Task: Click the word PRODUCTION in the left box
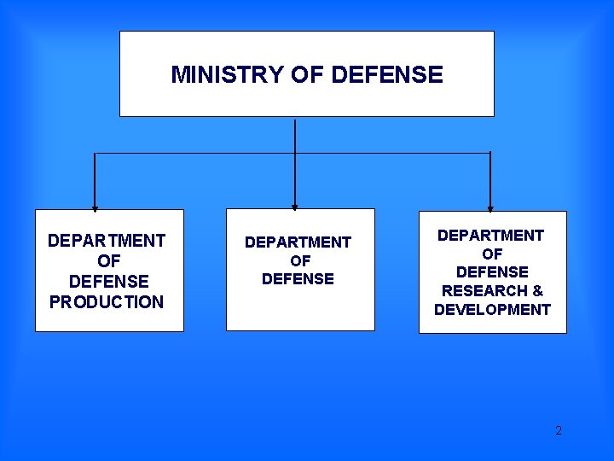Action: pyautogui.click(x=107, y=302)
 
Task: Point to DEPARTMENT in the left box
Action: pyautogui.click(x=107, y=241)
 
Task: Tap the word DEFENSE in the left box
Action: pyautogui.click(x=108, y=282)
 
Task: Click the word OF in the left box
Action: pyautogui.click(x=109, y=261)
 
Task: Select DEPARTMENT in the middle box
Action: pyautogui.click(x=298, y=242)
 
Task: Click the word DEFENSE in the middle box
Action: pyautogui.click(x=298, y=278)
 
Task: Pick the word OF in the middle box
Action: pyautogui.click(x=300, y=260)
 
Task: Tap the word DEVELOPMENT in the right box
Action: pyautogui.click(x=492, y=310)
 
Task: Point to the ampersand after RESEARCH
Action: pyautogui.click(x=537, y=291)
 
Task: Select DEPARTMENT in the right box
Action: pyautogui.click(x=490, y=235)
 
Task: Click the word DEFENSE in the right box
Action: pyautogui.click(x=492, y=272)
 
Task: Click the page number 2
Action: pyautogui.click(x=559, y=430)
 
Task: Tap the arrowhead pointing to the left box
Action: pyautogui.click(x=95, y=207)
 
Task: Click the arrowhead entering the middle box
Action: pyautogui.click(x=294, y=207)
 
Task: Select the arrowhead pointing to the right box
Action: pyautogui.click(x=490, y=208)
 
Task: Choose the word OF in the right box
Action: pyautogui.click(x=492, y=254)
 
